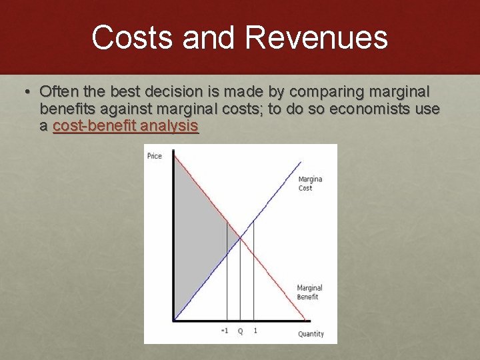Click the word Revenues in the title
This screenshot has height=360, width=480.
[316, 37]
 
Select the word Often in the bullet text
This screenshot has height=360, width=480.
[59, 91]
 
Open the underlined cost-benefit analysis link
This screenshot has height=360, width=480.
[125, 125]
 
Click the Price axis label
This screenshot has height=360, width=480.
[154, 156]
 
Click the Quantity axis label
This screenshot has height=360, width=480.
[311, 333]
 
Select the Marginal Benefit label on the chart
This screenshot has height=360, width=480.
[309, 292]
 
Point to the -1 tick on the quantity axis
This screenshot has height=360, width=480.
[225, 331]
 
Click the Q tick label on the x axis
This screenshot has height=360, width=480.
[240, 331]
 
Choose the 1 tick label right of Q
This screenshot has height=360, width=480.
[255, 331]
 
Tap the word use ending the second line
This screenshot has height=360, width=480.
[427, 108]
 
